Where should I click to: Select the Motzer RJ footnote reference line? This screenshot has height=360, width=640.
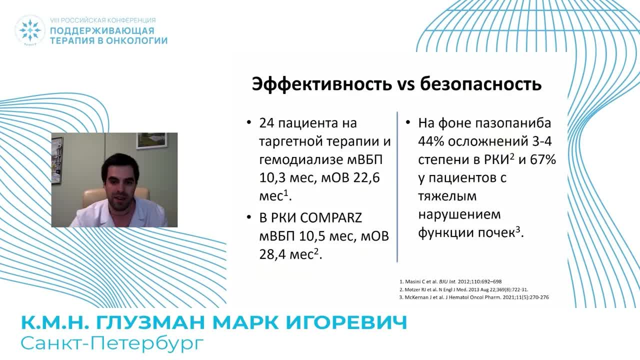(x=463, y=289)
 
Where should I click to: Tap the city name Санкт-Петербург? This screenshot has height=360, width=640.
(x=112, y=343)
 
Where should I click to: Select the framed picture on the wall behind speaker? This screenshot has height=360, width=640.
(x=151, y=140)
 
